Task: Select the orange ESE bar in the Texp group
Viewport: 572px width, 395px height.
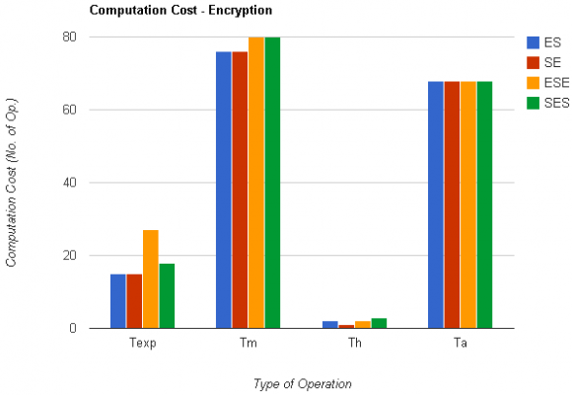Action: coord(150,279)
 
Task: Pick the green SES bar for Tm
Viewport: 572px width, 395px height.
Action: coord(272,183)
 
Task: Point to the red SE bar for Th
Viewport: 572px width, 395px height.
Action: coord(346,326)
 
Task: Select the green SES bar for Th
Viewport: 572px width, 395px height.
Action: coord(379,323)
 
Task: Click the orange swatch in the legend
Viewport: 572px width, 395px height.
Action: coord(534,83)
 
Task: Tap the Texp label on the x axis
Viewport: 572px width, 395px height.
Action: coord(142,345)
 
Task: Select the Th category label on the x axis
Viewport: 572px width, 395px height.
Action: coord(354,345)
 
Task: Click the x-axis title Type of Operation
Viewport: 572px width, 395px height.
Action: coord(302,383)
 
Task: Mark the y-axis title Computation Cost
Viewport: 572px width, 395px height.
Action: coord(12,183)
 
